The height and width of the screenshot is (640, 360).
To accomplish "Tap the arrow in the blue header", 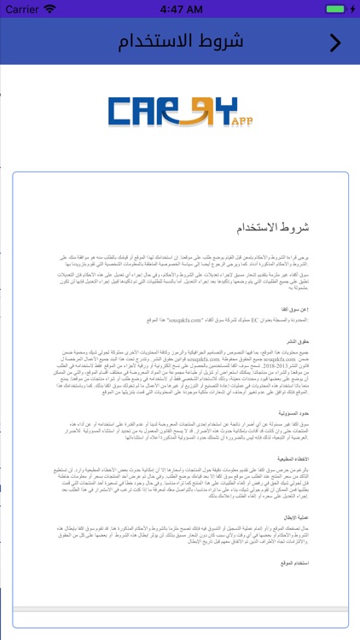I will (335, 42).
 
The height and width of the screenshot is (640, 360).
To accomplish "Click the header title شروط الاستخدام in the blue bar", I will (180, 42).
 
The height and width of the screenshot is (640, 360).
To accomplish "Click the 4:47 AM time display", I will (180, 9).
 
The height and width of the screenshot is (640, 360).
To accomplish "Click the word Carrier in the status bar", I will (22, 9).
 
